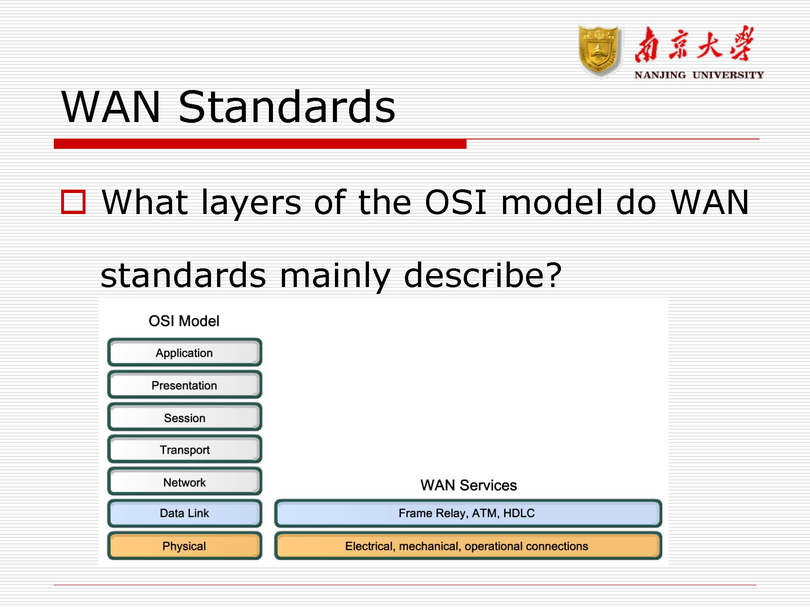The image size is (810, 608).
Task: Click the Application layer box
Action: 185,352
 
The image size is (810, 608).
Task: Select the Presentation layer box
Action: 185,385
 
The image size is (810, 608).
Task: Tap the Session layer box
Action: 185,417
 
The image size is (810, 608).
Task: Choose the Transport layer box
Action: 185,450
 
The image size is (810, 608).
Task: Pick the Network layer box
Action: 185,482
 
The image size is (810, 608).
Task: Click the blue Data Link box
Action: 185,514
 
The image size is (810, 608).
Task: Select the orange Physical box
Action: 185,546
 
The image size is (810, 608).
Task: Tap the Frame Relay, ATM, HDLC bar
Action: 468,514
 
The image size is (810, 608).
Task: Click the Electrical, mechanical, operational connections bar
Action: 468,546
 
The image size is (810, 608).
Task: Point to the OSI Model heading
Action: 184,321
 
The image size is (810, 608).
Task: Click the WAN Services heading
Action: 469,485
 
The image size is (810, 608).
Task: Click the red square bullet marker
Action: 73,201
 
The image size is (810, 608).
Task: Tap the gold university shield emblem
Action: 600,52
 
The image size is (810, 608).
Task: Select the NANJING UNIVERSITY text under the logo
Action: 699,75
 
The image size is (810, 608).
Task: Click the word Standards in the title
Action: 287,106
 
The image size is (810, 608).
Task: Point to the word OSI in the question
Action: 456,202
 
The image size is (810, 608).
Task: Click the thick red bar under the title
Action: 260,143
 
